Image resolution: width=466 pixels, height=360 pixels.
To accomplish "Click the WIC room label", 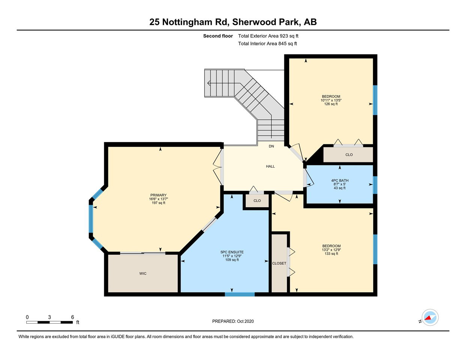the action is coord(143,273).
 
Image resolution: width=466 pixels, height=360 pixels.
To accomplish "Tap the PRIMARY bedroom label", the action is coord(158,195).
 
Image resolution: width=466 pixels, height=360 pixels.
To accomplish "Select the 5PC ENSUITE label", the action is coord(232,252).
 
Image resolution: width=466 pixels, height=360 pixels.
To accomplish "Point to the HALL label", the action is coord(270,166).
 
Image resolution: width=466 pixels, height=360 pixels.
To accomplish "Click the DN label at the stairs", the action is coord(271,146).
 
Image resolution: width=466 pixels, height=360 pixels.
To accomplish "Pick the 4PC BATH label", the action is coord(340,180).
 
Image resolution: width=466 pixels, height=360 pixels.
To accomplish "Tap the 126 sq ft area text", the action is coord(331,104).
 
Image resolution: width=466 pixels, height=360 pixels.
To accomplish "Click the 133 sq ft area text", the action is coord(331,253).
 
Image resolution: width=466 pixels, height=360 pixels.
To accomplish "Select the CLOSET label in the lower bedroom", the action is coord(279,263).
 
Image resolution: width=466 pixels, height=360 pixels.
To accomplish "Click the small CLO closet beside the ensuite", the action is coord(257,201).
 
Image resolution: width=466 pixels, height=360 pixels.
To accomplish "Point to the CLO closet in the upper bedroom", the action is coord(349,155).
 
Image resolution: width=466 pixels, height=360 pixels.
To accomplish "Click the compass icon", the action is coord(430,318).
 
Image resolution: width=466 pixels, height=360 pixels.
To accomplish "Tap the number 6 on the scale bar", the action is coord(72,317).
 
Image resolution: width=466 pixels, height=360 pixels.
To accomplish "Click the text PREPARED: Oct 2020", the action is coord(233,321).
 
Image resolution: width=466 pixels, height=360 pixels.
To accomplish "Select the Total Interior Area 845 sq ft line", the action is coord(268,43).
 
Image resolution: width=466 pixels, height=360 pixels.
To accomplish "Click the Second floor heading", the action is coord(218,36).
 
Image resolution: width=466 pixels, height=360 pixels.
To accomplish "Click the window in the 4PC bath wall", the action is coord(375,185).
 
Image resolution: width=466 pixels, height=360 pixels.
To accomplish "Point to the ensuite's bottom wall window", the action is coord(240,294).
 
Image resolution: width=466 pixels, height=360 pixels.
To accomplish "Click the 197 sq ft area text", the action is coord(158,203).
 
